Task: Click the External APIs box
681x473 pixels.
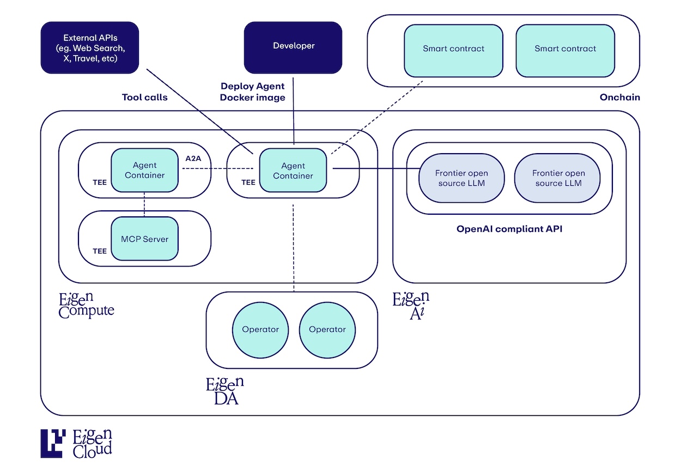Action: click(90, 48)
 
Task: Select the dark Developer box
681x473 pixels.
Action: click(293, 47)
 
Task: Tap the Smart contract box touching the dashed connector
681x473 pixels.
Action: click(453, 50)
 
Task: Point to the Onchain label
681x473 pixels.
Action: click(619, 98)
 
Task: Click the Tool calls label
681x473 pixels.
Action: click(144, 98)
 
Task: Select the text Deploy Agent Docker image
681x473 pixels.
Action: click(252, 92)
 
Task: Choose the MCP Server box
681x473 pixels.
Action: click(144, 239)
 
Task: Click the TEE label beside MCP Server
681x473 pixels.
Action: click(100, 251)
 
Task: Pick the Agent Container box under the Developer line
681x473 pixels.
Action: click(293, 171)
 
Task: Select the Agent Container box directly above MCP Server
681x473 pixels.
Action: click(144, 170)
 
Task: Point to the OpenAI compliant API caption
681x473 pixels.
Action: click(509, 229)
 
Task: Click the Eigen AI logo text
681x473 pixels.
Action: click(411, 305)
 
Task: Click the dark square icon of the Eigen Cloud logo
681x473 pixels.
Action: click(53, 443)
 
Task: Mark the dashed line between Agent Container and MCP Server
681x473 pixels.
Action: click(144, 204)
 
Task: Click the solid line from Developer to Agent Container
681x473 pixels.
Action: click(294, 112)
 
